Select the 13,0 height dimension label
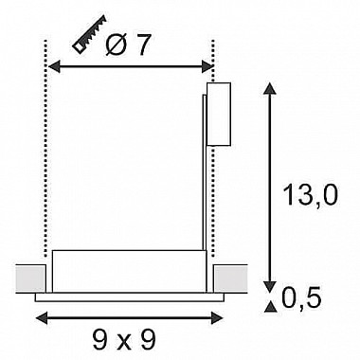click(311, 195)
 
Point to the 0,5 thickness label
click(301, 298)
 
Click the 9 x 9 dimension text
click(124, 340)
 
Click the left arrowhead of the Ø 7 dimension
click(54, 66)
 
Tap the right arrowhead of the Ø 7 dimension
click(207, 66)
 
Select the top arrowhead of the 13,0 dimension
click(269, 88)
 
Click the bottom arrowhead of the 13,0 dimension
click(269, 287)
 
